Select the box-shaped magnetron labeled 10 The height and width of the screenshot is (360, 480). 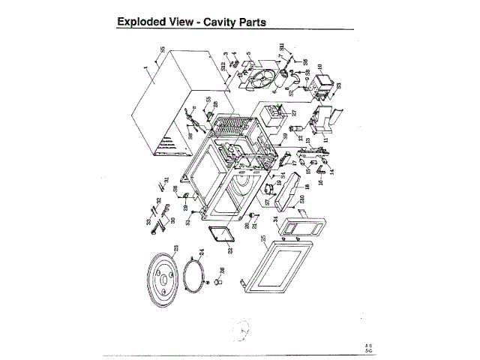point(324,82)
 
